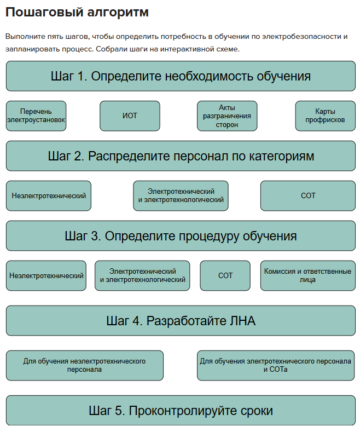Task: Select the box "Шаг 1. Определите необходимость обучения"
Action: click(x=181, y=76)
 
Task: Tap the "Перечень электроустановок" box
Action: click(x=36, y=116)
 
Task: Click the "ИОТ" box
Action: click(x=130, y=116)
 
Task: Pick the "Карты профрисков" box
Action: click(x=325, y=116)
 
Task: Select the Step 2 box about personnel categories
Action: click(x=181, y=156)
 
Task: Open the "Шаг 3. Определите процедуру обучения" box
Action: click(x=181, y=236)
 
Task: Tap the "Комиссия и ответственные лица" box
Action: click(x=307, y=275)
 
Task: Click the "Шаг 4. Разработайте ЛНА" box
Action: click(x=181, y=321)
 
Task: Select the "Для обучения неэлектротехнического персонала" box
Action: click(x=84, y=365)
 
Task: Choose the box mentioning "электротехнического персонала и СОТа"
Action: click(x=276, y=365)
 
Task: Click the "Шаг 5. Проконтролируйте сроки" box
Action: click(x=181, y=411)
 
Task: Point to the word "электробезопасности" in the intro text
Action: click(x=298, y=37)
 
